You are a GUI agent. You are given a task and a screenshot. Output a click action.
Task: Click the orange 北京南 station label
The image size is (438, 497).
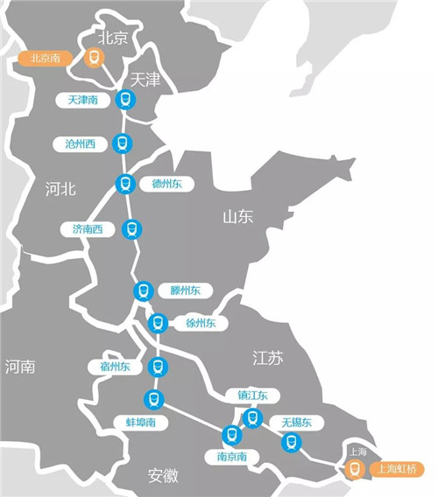[x=44, y=59]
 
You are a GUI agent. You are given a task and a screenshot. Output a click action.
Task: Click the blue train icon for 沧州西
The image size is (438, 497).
[x=124, y=143]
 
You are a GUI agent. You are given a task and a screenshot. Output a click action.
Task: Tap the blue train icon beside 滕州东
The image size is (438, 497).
[x=143, y=290]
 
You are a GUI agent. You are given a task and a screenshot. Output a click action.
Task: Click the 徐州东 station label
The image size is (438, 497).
[x=201, y=323]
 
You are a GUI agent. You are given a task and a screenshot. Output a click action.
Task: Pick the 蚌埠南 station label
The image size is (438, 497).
[x=136, y=422]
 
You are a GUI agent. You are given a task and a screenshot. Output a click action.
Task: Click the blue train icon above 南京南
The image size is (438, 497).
[x=231, y=433]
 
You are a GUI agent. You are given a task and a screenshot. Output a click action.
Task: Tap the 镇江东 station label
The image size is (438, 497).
[x=252, y=395]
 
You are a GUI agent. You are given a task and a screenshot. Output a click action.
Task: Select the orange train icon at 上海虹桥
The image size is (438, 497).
[x=354, y=469]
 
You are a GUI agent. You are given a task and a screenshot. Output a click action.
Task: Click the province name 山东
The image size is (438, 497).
[x=237, y=216]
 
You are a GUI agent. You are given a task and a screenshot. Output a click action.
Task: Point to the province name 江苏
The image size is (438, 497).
[x=268, y=357]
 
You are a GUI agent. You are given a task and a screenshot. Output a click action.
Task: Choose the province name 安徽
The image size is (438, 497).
[x=163, y=476]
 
